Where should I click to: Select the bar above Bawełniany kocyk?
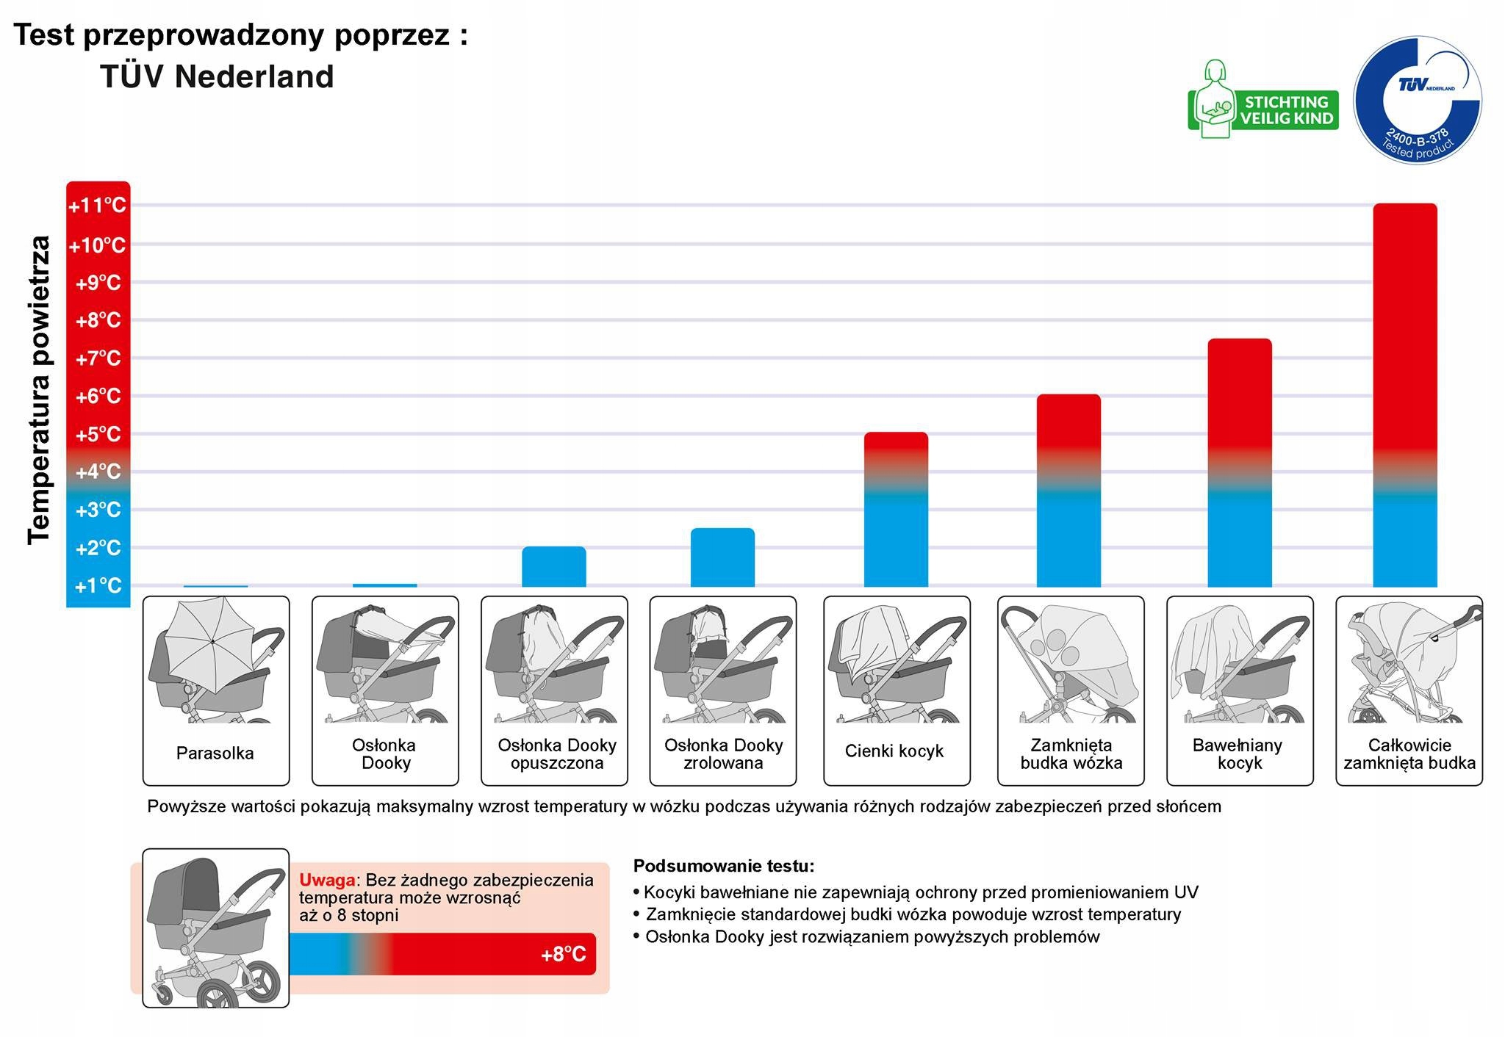tap(1240, 463)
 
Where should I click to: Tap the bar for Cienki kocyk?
tap(896, 510)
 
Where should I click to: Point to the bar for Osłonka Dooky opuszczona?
tap(554, 567)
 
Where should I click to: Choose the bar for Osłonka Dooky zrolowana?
tap(722, 557)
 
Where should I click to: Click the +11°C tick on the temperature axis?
tap(98, 206)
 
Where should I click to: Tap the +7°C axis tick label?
tap(98, 358)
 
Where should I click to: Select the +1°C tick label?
tap(98, 586)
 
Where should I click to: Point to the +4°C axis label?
tap(98, 471)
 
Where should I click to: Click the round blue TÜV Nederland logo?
tap(1417, 100)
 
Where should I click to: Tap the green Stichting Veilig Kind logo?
tap(1262, 101)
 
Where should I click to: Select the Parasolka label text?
tap(215, 753)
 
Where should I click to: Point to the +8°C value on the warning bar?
tap(563, 954)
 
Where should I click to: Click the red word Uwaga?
tap(327, 880)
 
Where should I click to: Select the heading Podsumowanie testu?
tap(724, 866)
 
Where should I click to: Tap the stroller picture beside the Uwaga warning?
tap(215, 928)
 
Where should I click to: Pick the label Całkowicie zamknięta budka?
tap(1409, 754)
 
